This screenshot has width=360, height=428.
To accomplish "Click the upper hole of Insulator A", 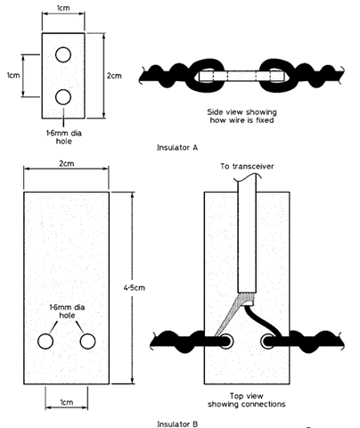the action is (63, 54).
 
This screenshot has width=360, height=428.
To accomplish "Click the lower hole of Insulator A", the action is (63, 97).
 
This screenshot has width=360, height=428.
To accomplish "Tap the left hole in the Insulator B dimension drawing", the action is (45, 342).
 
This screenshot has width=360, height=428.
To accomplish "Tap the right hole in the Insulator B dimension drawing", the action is (87, 342).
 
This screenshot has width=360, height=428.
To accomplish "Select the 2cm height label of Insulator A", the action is (114, 76).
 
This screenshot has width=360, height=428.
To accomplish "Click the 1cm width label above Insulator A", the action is (63, 8).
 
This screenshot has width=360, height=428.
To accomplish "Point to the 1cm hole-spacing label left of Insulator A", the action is (13, 75).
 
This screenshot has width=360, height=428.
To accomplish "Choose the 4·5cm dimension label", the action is (135, 288).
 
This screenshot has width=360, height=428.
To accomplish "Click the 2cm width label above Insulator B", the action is (67, 164).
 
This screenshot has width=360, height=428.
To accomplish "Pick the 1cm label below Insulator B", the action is (67, 402).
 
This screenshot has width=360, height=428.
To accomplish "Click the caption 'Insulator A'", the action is (177, 147).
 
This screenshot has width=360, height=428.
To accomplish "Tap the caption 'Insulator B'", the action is (177, 424).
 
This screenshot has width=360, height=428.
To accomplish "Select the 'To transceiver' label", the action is (247, 166).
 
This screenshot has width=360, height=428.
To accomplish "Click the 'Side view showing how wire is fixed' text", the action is (241, 116).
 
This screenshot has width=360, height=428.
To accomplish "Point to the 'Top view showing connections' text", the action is (247, 400).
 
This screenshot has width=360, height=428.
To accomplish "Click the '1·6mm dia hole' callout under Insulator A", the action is (64, 136).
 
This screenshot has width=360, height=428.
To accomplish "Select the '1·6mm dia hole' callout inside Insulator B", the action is (67, 311).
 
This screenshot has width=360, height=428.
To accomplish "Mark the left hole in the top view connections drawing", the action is (225, 341).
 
